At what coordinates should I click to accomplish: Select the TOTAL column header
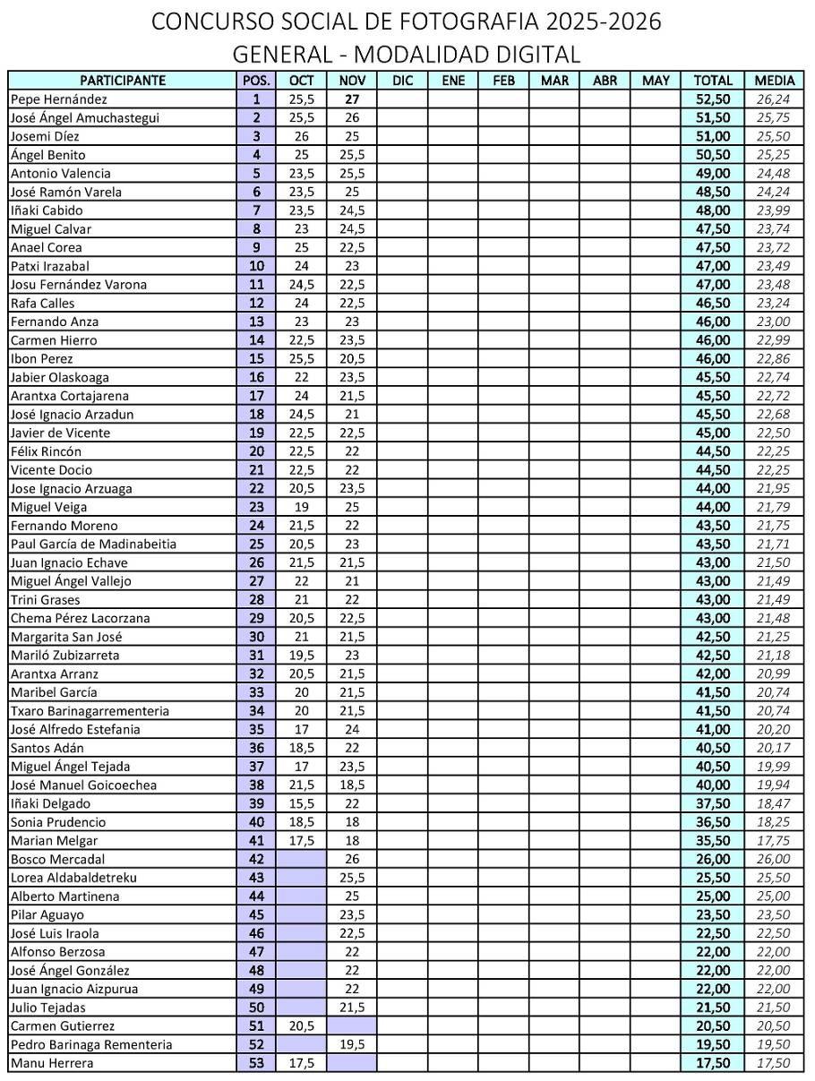pos(712,81)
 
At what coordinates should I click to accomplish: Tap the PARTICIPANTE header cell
pos(123,81)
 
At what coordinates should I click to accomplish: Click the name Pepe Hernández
pos(58,99)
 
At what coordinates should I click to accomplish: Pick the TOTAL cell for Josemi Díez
pos(712,136)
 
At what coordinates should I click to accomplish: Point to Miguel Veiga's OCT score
pos(301,507)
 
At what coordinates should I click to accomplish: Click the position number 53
pos(257,1063)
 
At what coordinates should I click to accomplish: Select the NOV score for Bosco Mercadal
pos(352,859)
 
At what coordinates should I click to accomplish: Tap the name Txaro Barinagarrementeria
pos(90,711)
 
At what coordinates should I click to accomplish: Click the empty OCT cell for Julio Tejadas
pos(301,1008)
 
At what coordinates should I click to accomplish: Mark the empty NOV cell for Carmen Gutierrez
pos(352,1026)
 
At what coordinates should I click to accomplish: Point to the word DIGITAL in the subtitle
pos(537,54)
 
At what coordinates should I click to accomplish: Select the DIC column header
pos(402,81)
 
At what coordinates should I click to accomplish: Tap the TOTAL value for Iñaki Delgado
pos(712,803)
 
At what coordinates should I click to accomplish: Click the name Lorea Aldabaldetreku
pos(73,878)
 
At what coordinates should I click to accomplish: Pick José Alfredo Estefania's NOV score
pos(352,729)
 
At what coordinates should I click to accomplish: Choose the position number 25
pos(257,544)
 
